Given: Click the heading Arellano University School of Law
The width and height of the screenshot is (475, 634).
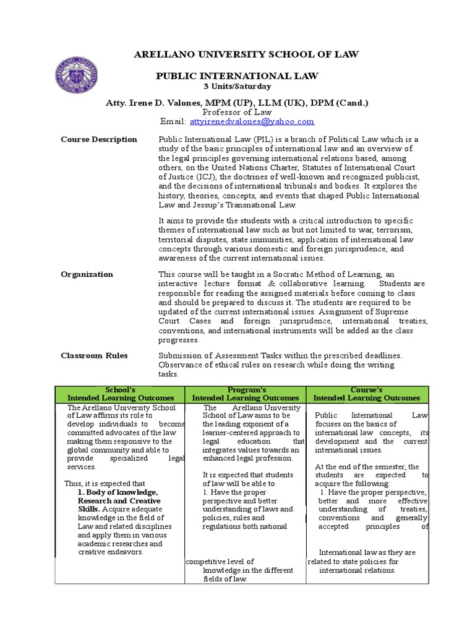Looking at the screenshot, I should click(x=246, y=55).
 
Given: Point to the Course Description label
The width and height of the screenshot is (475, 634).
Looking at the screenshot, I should click(x=99, y=139).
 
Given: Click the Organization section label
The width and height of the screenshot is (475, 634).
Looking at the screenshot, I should click(x=87, y=274).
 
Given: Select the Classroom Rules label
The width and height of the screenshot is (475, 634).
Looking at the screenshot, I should click(x=94, y=355).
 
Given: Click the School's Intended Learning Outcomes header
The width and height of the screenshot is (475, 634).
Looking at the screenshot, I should click(x=121, y=394).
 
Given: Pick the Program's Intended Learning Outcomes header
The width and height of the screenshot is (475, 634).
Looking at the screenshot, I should click(x=246, y=394).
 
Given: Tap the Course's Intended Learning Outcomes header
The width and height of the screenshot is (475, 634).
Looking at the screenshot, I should click(x=367, y=394).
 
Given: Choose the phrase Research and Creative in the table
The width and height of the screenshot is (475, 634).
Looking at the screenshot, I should click(x=119, y=501).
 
